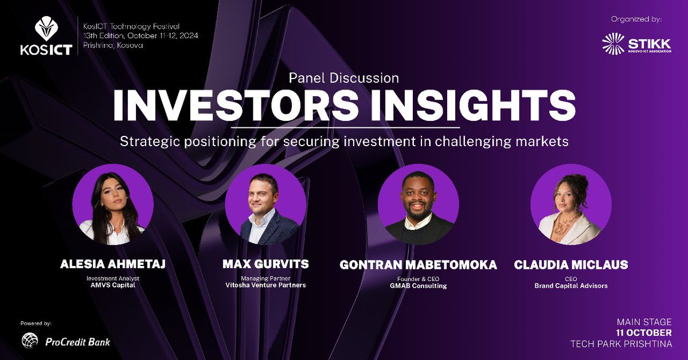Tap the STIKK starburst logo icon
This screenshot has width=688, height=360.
(x=613, y=44)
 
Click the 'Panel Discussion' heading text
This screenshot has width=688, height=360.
(x=343, y=77)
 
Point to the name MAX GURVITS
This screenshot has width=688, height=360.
(x=265, y=264)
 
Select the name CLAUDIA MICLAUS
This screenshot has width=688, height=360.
(x=571, y=265)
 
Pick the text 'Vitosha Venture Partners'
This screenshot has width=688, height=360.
(x=265, y=285)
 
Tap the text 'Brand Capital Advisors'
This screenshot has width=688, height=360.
(x=571, y=285)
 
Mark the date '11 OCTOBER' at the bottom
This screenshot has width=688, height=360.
(x=644, y=332)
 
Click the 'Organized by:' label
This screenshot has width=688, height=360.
(x=636, y=19)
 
